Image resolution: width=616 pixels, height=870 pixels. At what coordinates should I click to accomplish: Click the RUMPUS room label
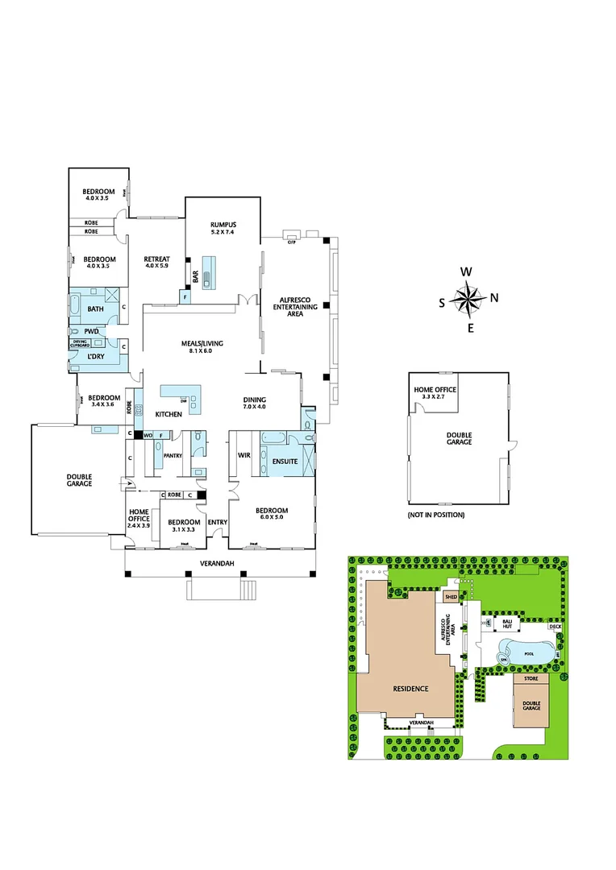pyautogui.click(x=222, y=225)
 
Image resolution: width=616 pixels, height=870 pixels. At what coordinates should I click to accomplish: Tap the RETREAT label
pyautogui.click(x=156, y=259)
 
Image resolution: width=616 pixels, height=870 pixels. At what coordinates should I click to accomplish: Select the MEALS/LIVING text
pyautogui.click(x=202, y=343)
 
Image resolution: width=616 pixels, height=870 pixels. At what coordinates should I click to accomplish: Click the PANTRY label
pyautogui.click(x=173, y=456)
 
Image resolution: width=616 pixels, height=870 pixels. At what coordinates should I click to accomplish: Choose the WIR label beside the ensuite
pyautogui.click(x=243, y=455)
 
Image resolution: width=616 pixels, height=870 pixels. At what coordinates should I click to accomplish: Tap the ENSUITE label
pyautogui.click(x=285, y=462)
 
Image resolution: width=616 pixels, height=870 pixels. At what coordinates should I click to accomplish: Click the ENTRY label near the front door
pyautogui.click(x=217, y=522)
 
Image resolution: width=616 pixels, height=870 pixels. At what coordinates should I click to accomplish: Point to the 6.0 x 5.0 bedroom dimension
pyautogui.click(x=272, y=518)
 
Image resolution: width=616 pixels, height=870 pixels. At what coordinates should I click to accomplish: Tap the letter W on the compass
pyautogui.click(x=466, y=271)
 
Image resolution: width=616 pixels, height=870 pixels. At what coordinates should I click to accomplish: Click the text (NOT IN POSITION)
pyautogui.click(x=436, y=515)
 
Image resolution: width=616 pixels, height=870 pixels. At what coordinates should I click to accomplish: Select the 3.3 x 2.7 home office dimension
pyautogui.click(x=435, y=397)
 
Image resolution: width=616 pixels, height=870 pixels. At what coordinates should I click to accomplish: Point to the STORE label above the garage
pyautogui.click(x=531, y=679)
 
